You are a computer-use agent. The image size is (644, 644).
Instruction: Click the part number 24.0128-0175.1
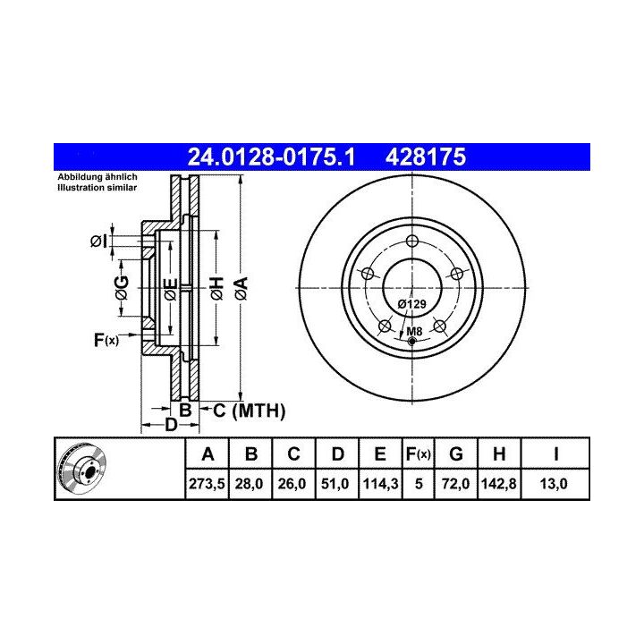271,157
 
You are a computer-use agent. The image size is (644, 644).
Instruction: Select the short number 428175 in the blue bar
426,157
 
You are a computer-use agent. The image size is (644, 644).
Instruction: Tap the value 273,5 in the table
207,484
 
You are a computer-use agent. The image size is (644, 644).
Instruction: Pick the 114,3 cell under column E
380,484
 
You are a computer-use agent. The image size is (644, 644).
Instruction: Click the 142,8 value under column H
498,484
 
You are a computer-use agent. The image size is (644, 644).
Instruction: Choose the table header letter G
456,454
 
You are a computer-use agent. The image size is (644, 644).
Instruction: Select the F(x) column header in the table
418,454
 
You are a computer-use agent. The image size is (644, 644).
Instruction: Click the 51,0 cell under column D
335,484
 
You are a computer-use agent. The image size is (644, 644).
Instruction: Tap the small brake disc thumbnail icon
81,469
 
